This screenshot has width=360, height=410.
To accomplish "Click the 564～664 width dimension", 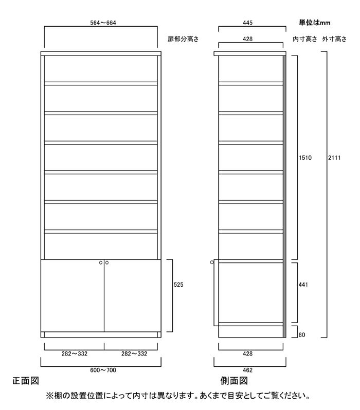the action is point(103,23).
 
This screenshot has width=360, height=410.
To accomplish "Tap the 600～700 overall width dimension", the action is point(103,370).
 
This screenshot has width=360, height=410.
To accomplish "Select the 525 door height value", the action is point(178,285).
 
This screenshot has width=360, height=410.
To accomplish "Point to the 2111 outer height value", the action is point(334,157).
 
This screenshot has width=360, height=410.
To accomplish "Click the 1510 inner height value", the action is point(305,157).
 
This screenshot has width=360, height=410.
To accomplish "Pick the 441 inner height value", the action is point(303,285).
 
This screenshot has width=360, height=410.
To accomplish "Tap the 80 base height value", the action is point(302,334).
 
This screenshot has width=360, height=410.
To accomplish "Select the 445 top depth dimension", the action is point(247,23).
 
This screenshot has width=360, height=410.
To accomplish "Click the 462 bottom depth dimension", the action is point(247,370).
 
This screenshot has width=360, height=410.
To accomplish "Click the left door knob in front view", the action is point(101,263).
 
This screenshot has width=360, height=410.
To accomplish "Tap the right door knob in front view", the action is point(107,263).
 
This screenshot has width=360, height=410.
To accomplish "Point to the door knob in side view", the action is point(212,262).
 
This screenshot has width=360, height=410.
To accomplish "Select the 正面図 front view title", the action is point(26,381).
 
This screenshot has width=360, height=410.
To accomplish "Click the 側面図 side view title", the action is point(234,381).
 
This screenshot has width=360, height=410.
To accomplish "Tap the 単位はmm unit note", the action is point(314,23).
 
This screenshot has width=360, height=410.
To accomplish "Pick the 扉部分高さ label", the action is point(183,39).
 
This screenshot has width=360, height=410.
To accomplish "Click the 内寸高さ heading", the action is point(305,39).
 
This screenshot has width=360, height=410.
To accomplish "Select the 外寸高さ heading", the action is point(334,39).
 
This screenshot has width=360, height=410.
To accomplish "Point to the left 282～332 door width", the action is point(75,354).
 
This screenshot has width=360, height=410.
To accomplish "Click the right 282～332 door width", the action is point(134,354).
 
